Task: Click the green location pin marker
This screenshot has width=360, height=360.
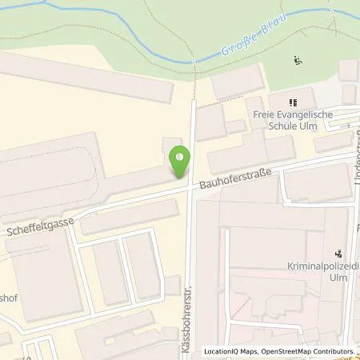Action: pos(181,163)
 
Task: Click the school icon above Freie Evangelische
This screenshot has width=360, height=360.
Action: pos(293,103)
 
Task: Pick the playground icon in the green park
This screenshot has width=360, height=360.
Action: pos(298,60)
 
